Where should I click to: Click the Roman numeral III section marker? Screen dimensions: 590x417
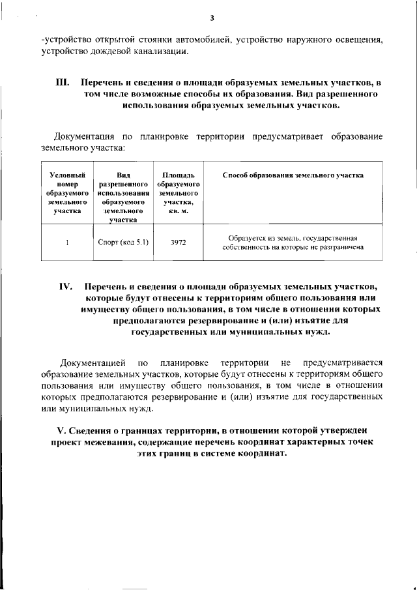(x=63, y=83)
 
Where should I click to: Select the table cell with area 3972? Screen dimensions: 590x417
(x=178, y=242)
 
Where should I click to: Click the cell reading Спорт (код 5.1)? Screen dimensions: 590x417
(x=123, y=242)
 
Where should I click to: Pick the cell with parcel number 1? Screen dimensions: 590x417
(x=67, y=242)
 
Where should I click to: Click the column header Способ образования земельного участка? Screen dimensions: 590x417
(x=293, y=175)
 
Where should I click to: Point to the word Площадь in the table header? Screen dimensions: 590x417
(x=178, y=175)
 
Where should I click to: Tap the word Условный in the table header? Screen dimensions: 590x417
(x=67, y=175)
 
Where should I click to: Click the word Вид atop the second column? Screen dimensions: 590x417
(x=123, y=175)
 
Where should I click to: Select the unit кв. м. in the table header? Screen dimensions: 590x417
(x=178, y=212)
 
